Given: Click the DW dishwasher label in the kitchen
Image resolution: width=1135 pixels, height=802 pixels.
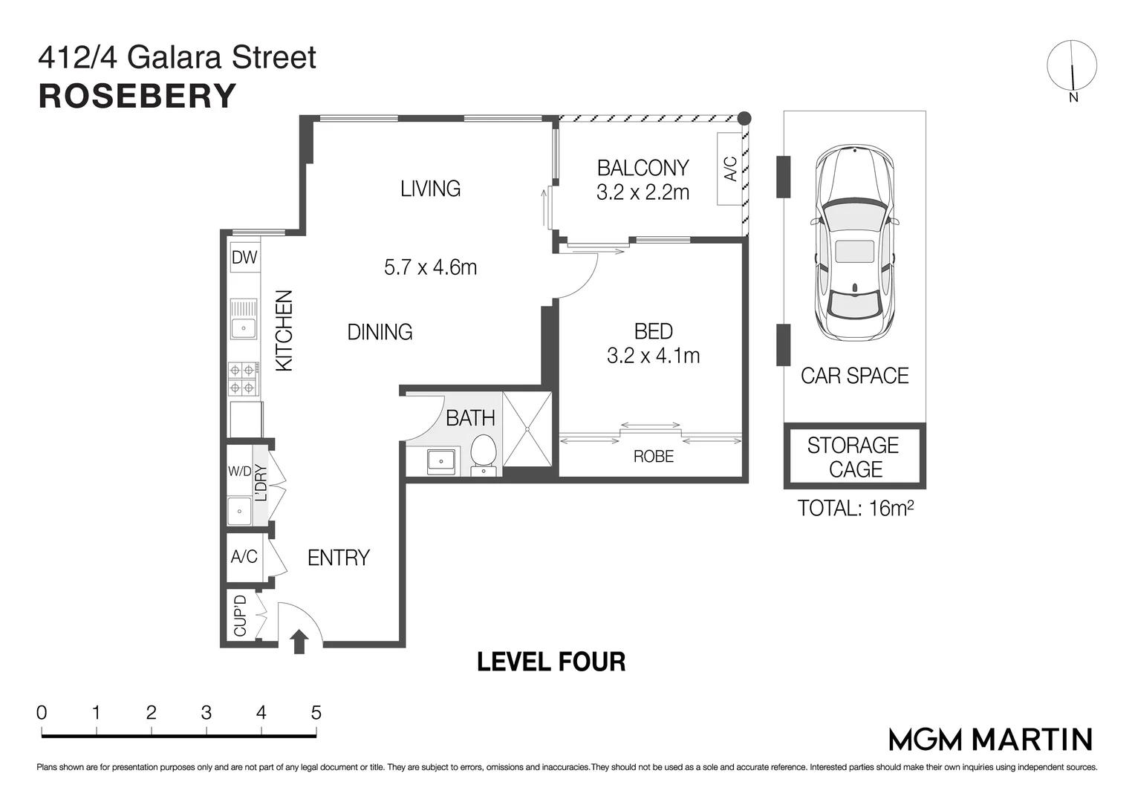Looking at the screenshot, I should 244,258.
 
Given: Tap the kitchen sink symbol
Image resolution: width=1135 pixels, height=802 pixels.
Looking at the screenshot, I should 243,319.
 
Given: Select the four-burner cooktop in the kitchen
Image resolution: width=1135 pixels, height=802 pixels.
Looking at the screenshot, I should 243,378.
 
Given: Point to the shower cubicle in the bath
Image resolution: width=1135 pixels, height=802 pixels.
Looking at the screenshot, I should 527,428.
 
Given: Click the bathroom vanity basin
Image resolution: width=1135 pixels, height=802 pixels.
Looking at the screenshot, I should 441,461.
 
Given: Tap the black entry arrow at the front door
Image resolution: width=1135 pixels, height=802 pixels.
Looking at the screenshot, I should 299,642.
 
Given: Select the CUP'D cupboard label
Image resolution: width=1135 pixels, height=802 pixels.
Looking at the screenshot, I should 240,616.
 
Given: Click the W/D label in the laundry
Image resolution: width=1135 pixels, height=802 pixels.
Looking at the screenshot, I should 239,472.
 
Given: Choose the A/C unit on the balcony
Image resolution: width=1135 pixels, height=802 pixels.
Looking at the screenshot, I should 730,169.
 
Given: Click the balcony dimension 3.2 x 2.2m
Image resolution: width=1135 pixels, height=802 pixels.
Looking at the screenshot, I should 643,192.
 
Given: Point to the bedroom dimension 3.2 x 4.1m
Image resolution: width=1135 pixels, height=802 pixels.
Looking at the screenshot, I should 653,356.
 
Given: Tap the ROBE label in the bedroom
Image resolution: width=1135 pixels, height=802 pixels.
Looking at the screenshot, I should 653,456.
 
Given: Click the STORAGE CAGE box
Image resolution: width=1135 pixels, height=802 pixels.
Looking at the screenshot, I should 854,457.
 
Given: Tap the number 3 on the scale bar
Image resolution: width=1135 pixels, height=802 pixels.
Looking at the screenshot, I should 206,713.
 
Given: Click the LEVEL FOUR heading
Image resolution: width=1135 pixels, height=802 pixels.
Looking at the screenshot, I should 550,662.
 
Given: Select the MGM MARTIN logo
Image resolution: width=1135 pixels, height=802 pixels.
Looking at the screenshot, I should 990,739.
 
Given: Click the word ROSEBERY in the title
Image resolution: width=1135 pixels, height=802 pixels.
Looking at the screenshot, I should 137,96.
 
